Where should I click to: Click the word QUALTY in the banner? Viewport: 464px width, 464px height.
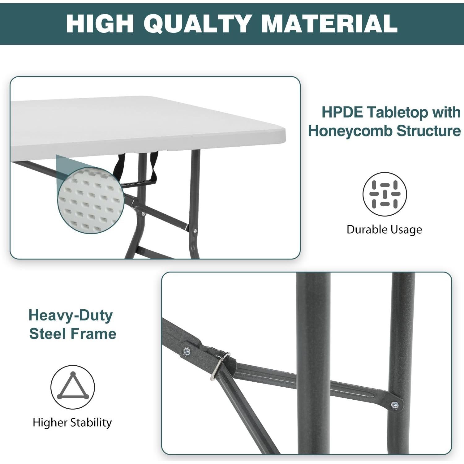pos(197,24)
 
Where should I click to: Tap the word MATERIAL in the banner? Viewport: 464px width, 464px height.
pos(329,24)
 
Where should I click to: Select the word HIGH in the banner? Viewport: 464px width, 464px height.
pos(100,24)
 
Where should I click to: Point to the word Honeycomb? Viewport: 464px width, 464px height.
pos(350,131)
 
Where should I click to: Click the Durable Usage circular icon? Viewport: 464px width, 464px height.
pos(385,194)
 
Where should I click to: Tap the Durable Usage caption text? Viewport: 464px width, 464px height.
pos(384,230)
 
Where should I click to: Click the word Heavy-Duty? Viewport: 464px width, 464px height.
pos(71,316)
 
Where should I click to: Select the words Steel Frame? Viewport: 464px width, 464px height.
pos(73,334)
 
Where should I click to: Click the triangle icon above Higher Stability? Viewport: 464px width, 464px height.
pos(73,387)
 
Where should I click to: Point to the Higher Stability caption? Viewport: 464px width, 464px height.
pos(72,423)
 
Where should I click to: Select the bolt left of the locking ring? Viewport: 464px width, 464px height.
pos(187,351)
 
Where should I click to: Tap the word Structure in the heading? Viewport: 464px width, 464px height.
pos(428,131)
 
